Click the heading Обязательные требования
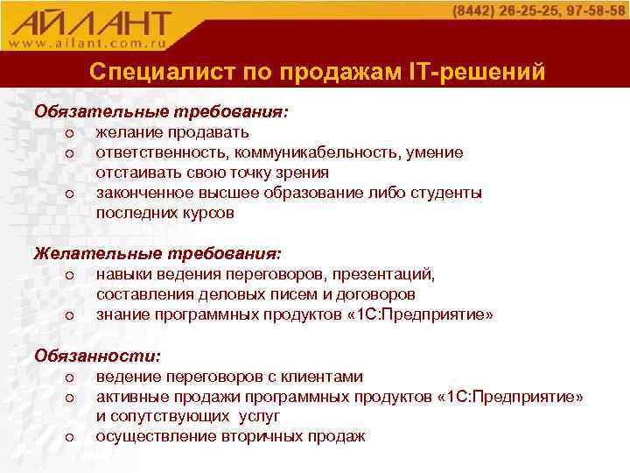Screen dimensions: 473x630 point(161,112)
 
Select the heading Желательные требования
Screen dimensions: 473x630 point(157,254)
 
